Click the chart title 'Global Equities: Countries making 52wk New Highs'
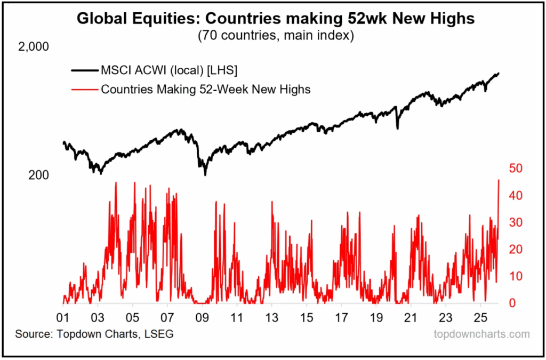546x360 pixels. (x=276, y=19)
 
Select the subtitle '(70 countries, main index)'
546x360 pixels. (x=276, y=36)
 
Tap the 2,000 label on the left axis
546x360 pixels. (x=34, y=47)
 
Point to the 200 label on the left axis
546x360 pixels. (x=38, y=175)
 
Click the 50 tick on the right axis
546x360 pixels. (x=515, y=169)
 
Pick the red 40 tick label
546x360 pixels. (x=515, y=196)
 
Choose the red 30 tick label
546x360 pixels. (x=515, y=222)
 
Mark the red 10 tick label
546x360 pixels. (x=515, y=276)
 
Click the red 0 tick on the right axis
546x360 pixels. (x=512, y=303)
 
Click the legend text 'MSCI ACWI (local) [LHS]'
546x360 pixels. (x=169, y=70)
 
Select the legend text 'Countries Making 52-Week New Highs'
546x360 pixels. (x=205, y=89)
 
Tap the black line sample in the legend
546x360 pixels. (x=84, y=70)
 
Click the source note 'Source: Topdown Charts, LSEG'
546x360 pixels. (x=94, y=334)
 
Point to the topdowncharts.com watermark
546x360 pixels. (x=481, y=334)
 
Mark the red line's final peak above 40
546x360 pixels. (x=499, y=180)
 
